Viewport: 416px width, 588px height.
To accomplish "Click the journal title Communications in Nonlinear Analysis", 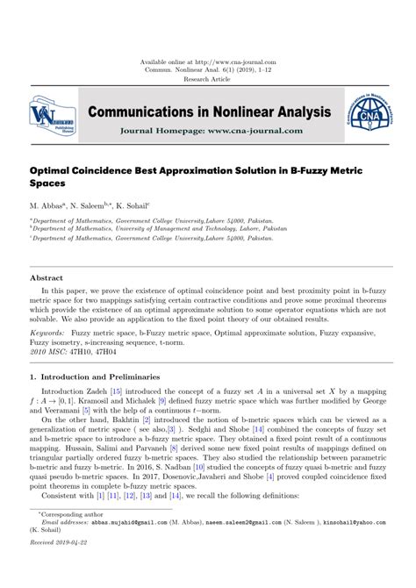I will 208,111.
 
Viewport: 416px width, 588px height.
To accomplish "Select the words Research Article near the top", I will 208,79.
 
